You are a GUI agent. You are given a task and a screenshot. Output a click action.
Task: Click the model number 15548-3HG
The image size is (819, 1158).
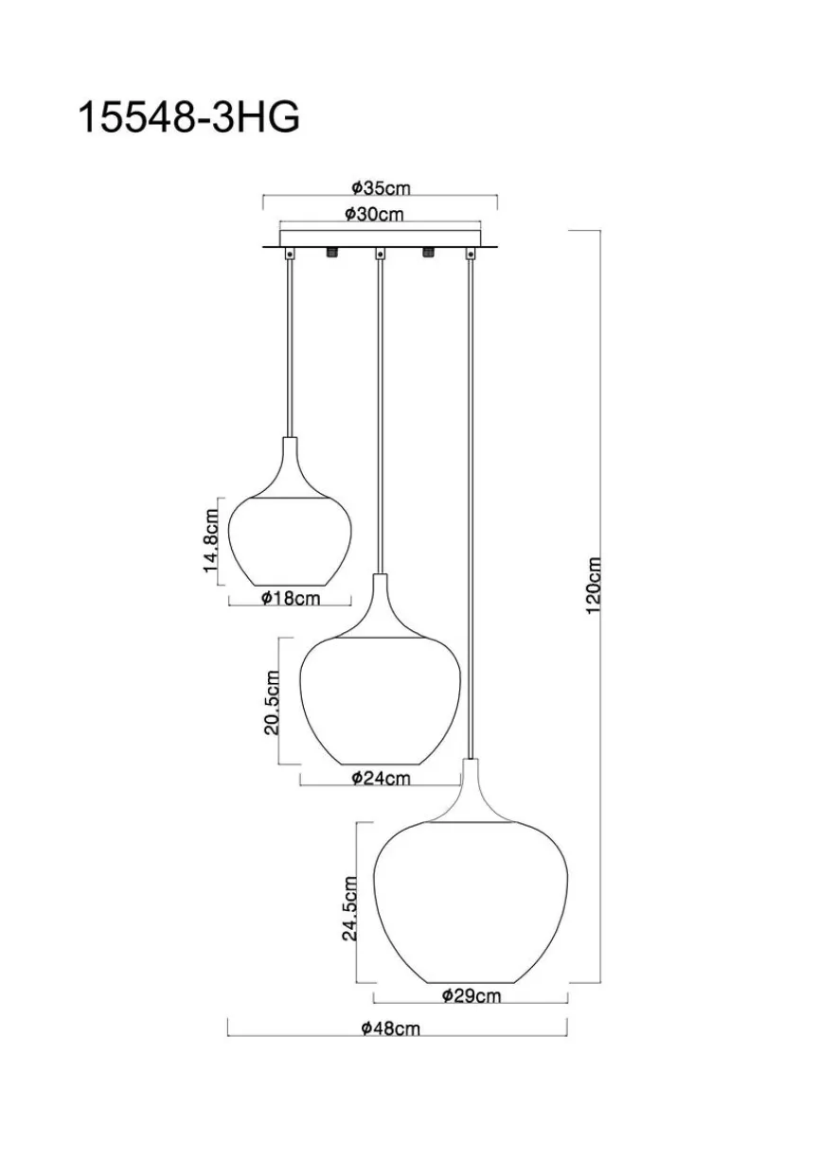coord(188,117)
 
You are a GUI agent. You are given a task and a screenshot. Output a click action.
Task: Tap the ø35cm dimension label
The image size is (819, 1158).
coord(381,188)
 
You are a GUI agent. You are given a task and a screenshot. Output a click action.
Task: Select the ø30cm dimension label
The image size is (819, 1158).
coord(374,214)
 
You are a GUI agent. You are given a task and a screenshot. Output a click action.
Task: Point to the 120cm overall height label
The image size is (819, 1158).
coord(594,585)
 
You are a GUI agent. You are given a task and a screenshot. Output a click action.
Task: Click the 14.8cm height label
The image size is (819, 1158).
coord(211,540)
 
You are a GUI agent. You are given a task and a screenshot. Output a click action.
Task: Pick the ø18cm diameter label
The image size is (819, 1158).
coord(291,598)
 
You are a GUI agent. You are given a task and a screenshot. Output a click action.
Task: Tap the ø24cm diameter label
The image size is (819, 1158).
coord(381,778)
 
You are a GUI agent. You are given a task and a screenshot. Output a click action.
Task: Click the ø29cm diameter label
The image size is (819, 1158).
coord(472,995)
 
